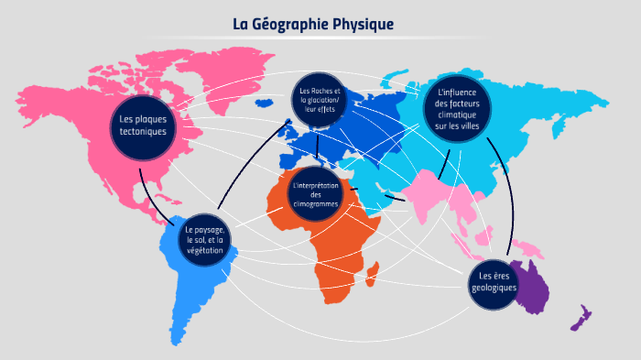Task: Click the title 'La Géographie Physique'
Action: [312, 24]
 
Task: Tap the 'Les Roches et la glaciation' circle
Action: [318, 101]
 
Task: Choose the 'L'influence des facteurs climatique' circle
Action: [457, 108]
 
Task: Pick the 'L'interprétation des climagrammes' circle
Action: [315, 194]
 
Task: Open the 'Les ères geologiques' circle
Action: [494, 281]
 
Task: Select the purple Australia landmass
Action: [532, 284]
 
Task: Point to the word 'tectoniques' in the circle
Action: [143, 131]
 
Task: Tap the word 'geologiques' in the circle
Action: [494, 288]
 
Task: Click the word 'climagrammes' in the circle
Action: [315, 203]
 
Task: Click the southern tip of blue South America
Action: [177, 341]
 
